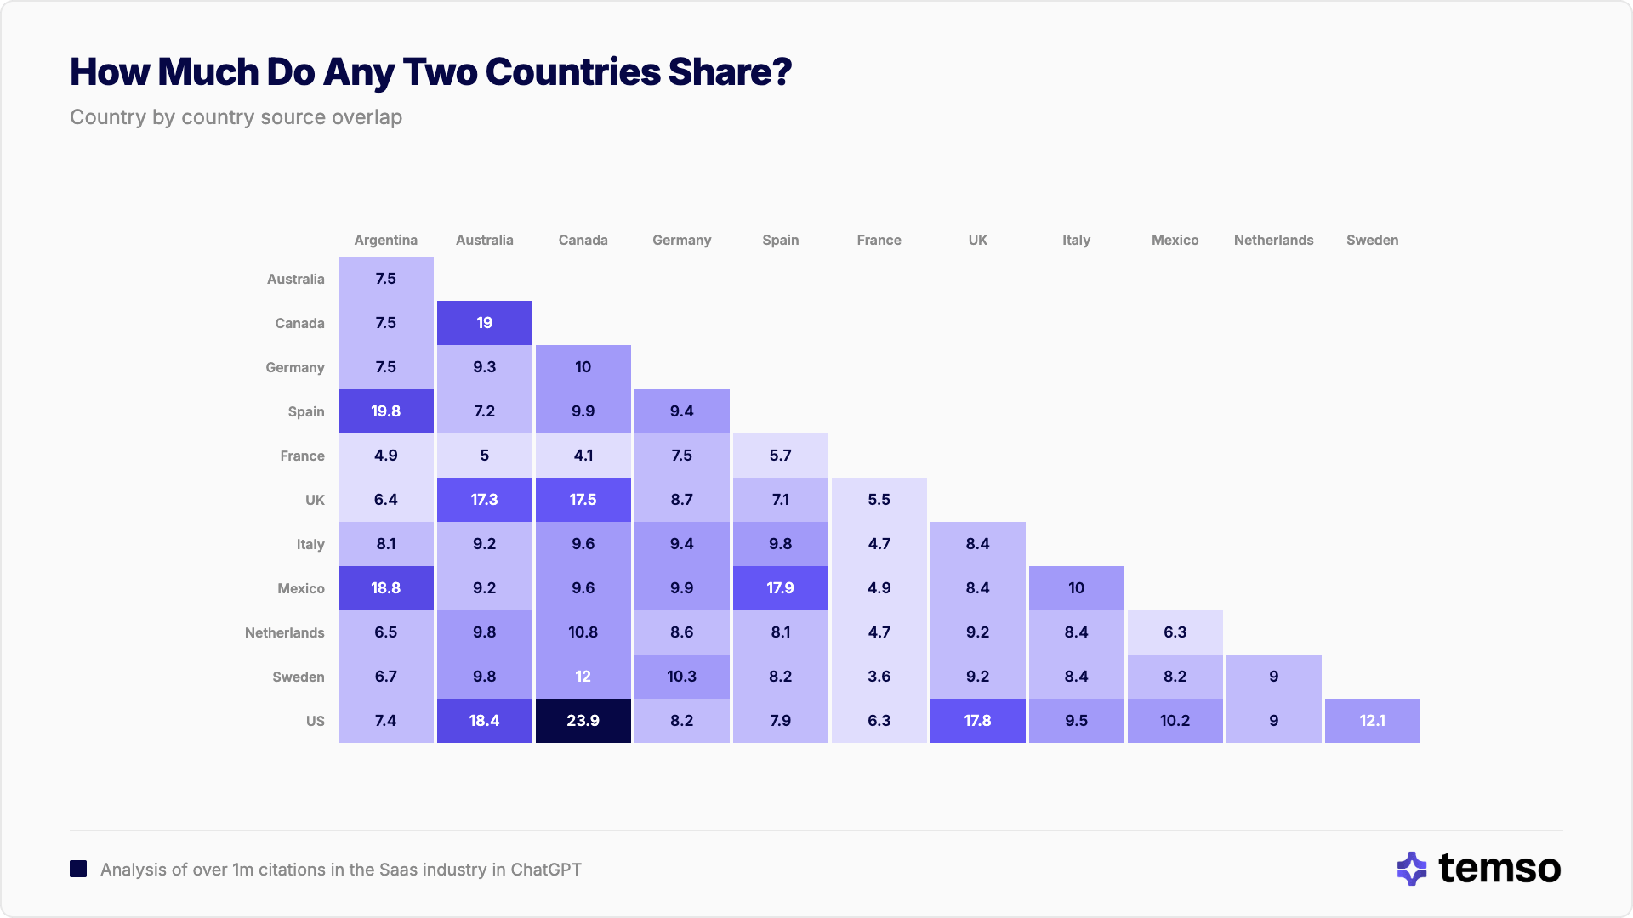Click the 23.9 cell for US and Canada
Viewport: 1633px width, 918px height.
click(583, 721)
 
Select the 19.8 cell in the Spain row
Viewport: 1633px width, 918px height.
click(385, 411)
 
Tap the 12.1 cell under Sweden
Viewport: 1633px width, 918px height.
click(1372, 721)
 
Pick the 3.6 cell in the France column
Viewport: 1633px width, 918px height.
click(879, 677)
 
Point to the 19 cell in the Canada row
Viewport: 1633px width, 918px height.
click(484, 323)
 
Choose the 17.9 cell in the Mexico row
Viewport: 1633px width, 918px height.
click(780, 588)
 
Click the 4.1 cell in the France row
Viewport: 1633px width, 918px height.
click(583, 456)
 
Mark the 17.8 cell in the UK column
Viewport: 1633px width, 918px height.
click(977, 721)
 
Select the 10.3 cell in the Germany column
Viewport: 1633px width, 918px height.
click(681, 677)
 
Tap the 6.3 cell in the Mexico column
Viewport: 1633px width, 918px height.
click(1175, 632)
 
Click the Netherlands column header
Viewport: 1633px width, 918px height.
click(1273, 241)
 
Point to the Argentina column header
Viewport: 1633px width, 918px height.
click(385, 241)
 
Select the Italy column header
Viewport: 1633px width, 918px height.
click(1076, 241)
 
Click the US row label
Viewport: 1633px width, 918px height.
click(315, 722)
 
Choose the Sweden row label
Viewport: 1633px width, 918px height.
click(298, 677)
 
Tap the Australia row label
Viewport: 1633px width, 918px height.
click(295, 280)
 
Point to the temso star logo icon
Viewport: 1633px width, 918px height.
click(1412, 869)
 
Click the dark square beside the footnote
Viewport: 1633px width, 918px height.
click(78, 869)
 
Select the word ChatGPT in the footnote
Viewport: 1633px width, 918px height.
click(546, 870)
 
